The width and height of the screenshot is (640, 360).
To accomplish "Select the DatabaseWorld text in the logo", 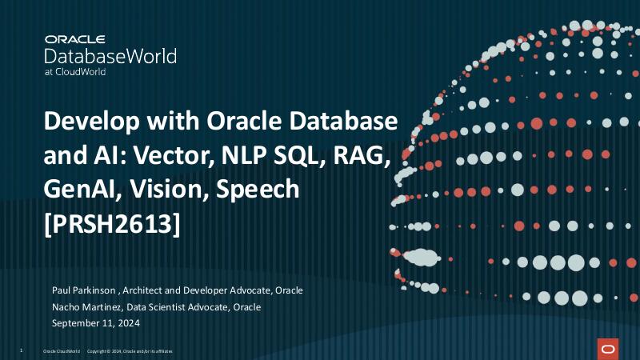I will pyautogui.click(x=110, y=55).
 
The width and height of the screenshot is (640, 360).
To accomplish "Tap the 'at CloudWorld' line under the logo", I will pyautogui.click(x=75, y=71).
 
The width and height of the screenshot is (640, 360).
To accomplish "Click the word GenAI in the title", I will pyautogui.click(x=77, y=190).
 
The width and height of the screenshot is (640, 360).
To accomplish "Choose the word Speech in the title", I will pyautogui.click(x=257, y=190).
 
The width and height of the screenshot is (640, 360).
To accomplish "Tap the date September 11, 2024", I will pyautogui.click(x=96, y=323).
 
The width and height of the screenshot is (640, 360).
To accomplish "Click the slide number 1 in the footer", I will pyautogui.click(x=20, y=351).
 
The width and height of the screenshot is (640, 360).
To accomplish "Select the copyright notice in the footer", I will pyautogui.click(x=129, y=351).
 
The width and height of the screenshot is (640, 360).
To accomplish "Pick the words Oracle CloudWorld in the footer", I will pyautogui.click(x=61, y=351).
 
